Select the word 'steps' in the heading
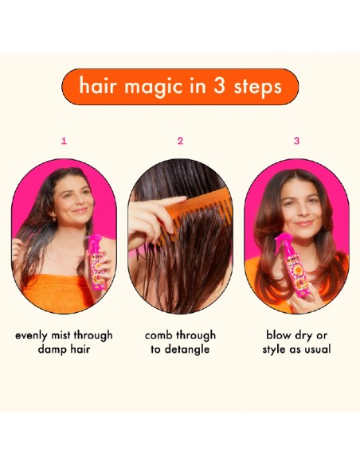(258, 86)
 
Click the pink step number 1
(64, 141)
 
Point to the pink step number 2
(180, 141)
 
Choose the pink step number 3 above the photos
(296, 141)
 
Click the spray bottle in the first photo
(96, 264)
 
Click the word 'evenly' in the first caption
(34, 335)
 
